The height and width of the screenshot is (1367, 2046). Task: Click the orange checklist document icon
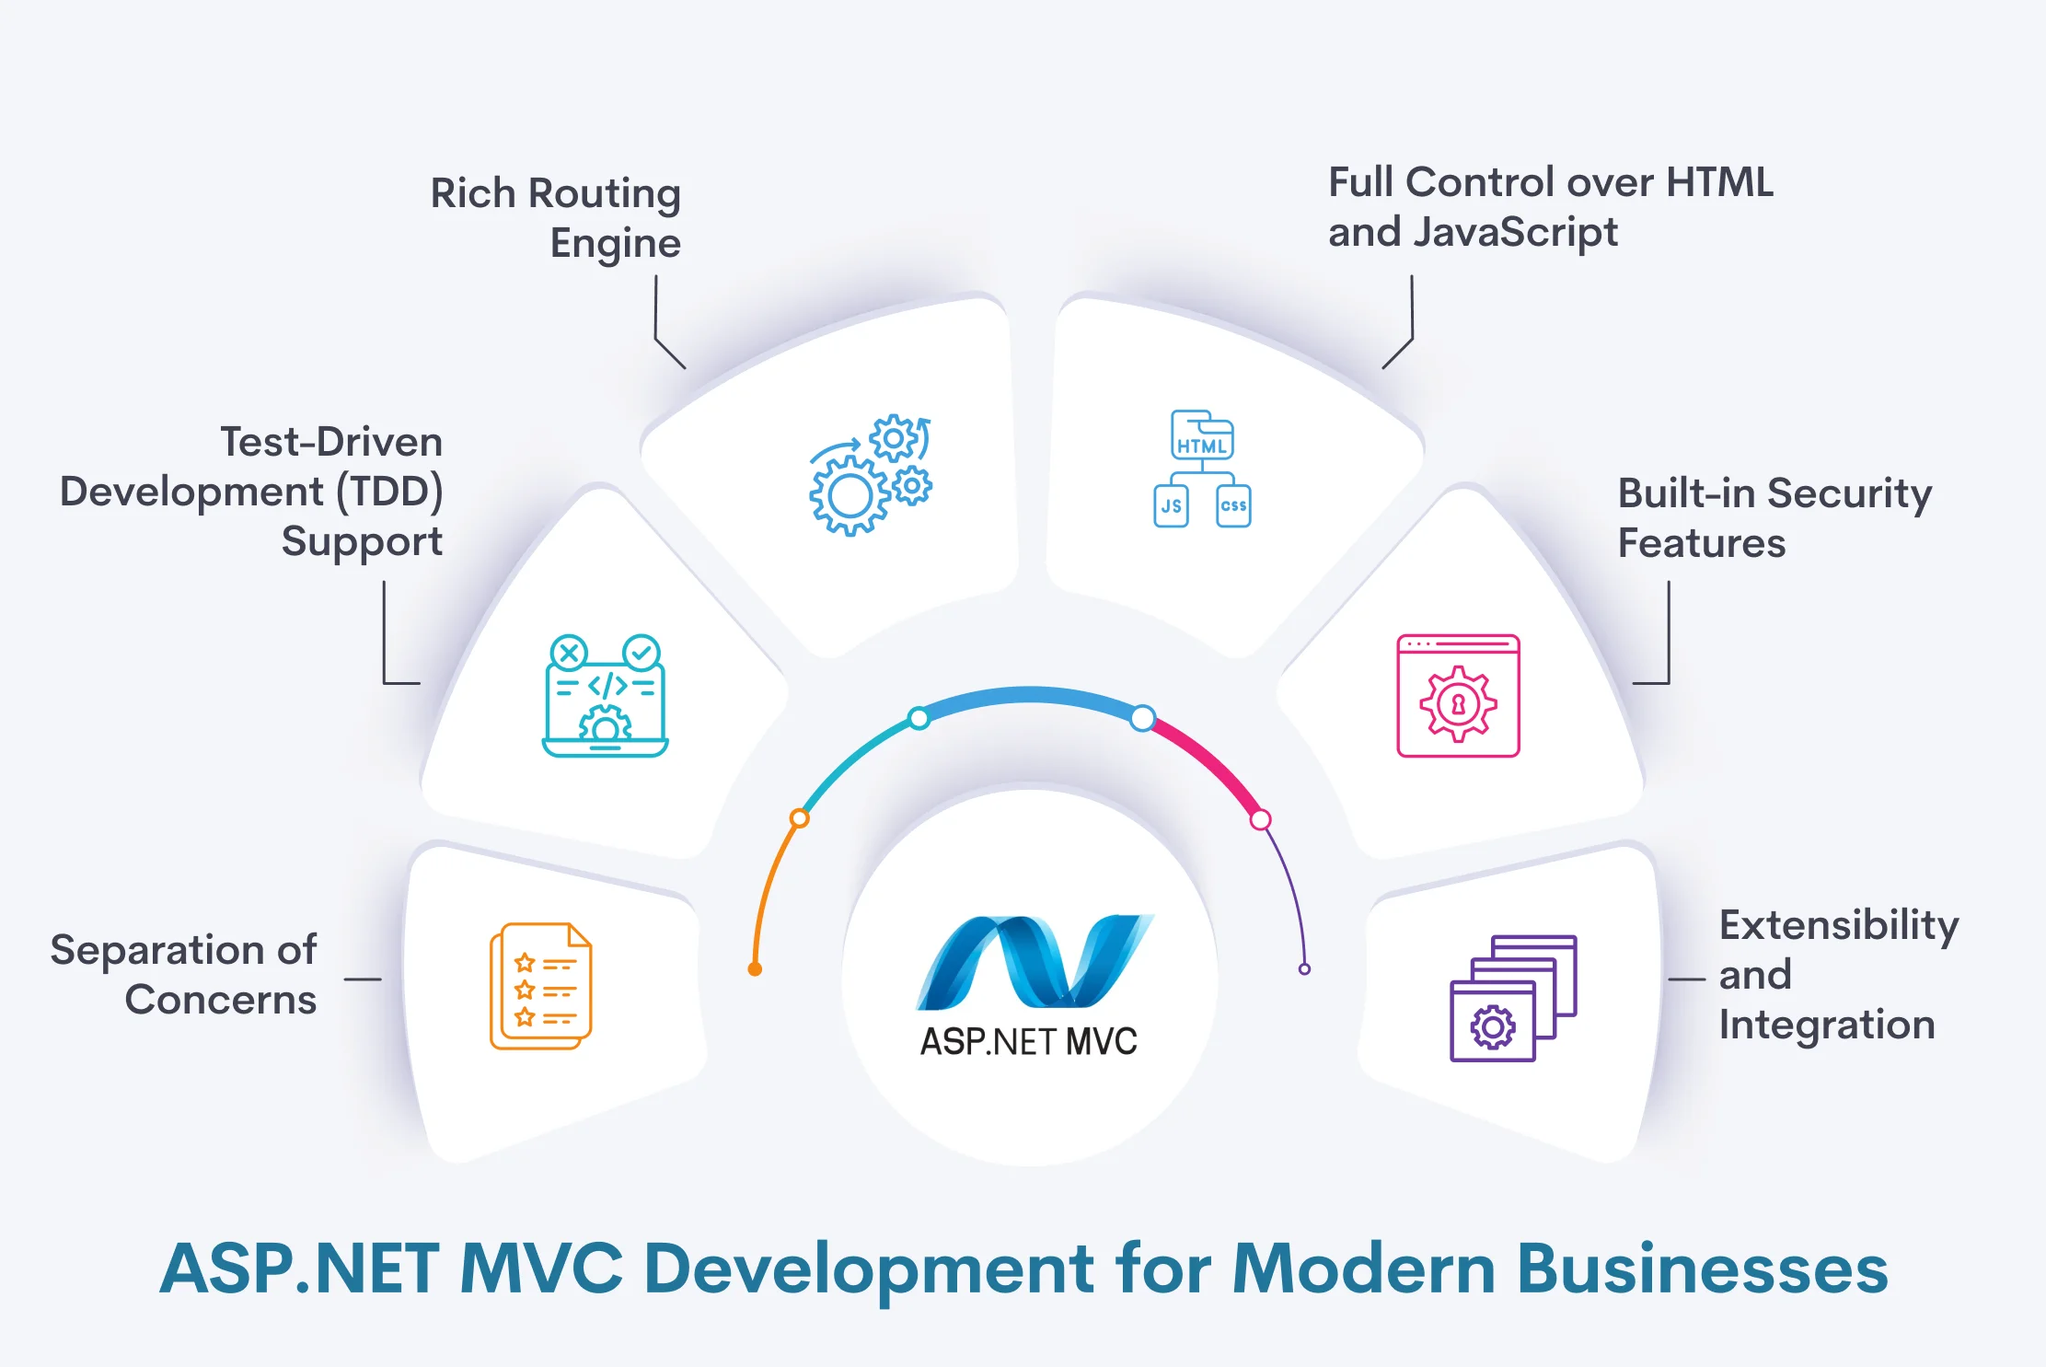click(541, 986)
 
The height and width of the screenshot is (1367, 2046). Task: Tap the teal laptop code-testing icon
click(605, 696)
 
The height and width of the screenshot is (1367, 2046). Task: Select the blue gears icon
click(870, 475)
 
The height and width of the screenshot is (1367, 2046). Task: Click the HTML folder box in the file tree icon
click(1201, 436)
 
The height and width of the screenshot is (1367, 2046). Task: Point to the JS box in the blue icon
click(1171, 506)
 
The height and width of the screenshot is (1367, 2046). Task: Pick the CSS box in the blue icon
click(1233, 506)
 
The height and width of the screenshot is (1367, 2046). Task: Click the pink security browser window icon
click(1458, 696)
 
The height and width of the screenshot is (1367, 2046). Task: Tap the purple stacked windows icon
click(1513, 999)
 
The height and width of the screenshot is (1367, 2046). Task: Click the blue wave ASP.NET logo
click(1035, 961)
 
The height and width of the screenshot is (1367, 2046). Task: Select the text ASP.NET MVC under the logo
click(1029, 1042)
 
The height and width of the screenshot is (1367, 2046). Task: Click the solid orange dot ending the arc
click(755, 969)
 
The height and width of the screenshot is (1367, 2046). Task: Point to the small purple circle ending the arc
click(1304, 969)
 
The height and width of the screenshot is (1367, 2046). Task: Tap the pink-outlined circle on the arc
click(1261, 819)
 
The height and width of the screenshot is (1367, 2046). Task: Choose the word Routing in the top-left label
click(605, 194)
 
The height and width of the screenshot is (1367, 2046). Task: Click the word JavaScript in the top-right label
click(1515, 232)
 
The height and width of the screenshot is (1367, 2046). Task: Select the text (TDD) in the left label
click(388, 492)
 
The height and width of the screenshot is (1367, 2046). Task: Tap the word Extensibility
click(1838, 925)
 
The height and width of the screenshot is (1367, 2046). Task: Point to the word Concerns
click(221, 1000)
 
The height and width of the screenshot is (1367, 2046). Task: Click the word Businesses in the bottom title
click(1702, 1269)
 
